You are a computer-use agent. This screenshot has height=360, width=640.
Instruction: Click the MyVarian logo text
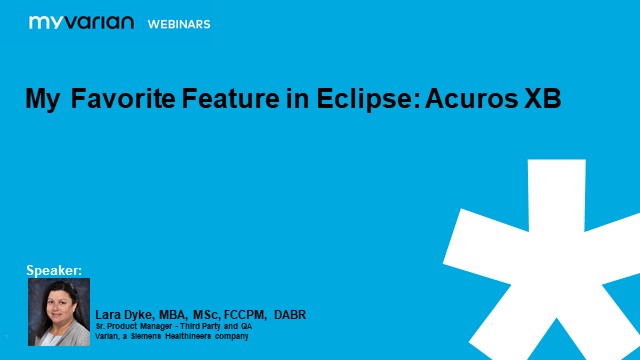[x=81, y=21]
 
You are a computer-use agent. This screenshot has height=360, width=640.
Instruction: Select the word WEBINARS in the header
[x=179, y=22]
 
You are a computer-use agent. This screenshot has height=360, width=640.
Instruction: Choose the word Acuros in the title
[x=454, y=100]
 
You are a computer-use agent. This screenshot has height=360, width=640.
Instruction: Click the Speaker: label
[x=54, y=269]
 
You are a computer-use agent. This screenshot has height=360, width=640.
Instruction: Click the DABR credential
[x=289, y=315]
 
